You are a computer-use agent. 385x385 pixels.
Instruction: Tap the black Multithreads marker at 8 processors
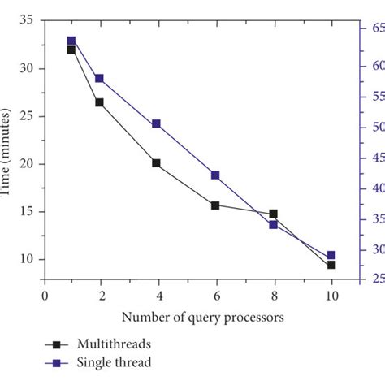pyautogui.click(x=273, y=214)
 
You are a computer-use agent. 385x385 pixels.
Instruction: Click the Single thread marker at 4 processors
pyautogui.click(x=156, y=124)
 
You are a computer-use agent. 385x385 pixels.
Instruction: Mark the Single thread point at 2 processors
pyautogui.click(x=99, y=79)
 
